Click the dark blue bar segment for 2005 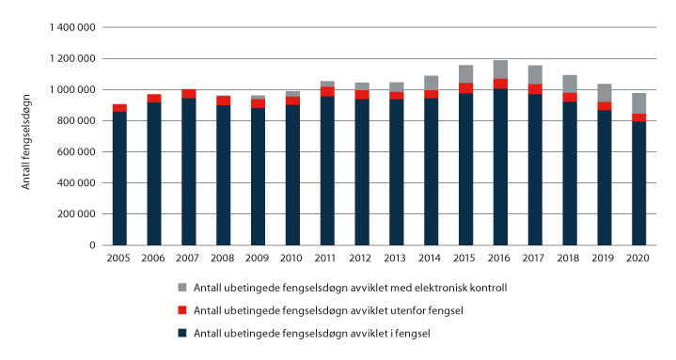(x=119, y=179)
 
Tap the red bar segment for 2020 (x=638, y=117)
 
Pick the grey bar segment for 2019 (x=604, y=93)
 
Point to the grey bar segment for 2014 (x=431, y=83)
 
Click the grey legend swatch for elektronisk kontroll (x=181, y=287)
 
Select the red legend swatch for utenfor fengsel (x=181, y=309)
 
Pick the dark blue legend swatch (x=181, y=332)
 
